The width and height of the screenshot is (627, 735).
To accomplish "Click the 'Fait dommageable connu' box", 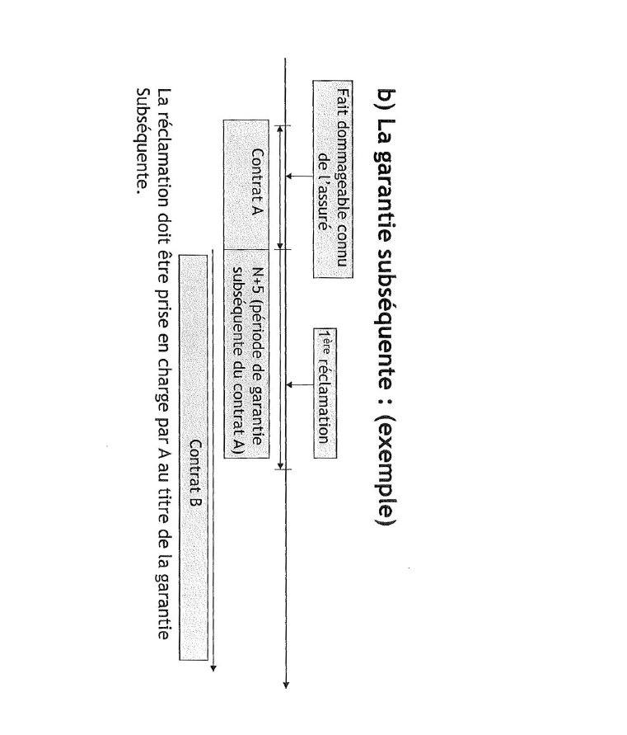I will tap(331, 178).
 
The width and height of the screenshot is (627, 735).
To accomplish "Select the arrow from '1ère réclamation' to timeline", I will tap(301, 385).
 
